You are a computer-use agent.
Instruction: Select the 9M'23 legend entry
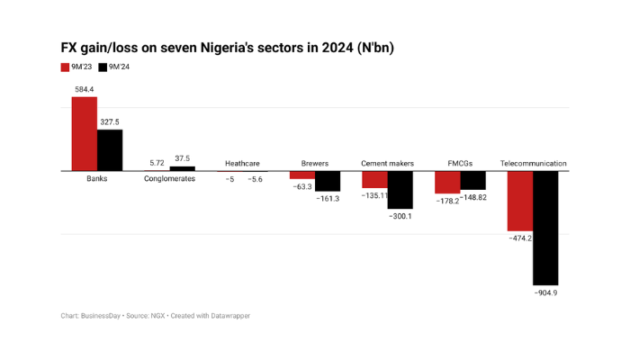point(77,67)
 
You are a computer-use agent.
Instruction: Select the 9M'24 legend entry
point(114,67)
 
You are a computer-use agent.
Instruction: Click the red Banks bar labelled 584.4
point(85,133)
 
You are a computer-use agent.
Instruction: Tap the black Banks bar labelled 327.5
point(110,149)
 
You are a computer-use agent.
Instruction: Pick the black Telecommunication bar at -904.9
point(545,228)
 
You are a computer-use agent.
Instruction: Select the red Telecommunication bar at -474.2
point(520,201)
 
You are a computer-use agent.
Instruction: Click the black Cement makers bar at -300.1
point(400,189)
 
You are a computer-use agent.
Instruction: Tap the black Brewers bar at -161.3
point(328,181)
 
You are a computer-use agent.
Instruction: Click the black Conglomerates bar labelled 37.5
point(183,168)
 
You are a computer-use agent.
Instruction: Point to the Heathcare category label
point(242,164)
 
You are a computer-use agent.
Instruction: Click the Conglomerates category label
point(169,178)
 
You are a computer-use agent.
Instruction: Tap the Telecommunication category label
point(533,164)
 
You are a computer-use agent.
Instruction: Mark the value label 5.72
point(157,163)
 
